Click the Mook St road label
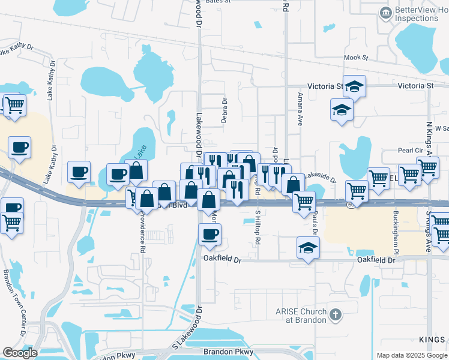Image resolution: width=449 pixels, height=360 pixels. (355, 58)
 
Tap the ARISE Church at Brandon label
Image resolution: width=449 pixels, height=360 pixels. (301, 316)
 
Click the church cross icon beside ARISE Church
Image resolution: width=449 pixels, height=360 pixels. (335, 314)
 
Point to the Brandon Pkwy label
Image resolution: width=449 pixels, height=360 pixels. (229, 352)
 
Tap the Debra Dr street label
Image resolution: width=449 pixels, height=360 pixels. (224, 110)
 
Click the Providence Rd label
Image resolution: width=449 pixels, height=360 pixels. (143, 232)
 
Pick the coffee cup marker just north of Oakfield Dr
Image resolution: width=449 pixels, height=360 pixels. (209, 235)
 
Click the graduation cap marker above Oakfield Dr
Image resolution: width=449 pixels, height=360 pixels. (308, 248)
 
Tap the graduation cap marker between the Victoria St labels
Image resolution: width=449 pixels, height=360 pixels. (354, 87)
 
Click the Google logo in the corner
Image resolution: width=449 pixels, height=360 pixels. (20, 353)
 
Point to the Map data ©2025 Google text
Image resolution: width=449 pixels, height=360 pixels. (411, 355)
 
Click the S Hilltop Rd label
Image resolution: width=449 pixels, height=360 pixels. (258, 227)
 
